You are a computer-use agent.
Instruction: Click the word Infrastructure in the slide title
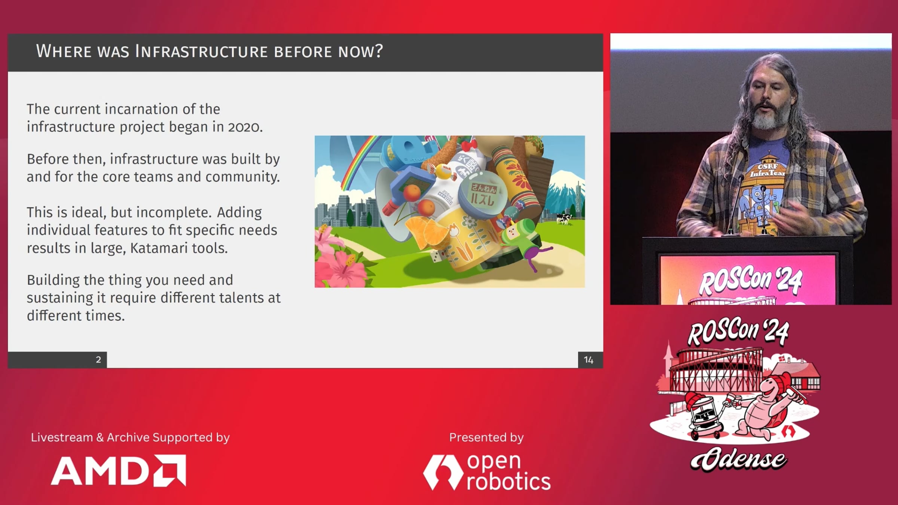(x=201, y=51)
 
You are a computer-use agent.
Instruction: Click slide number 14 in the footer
(x=589, y=360)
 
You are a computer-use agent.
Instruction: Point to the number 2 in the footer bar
(x=98, y=359)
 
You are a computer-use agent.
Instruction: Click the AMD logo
(x=119, y=471)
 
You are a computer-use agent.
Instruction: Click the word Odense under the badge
(x=739, y=459)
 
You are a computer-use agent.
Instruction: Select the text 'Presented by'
(x=486, y=438)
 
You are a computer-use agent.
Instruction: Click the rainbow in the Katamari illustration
(x=357, y=161)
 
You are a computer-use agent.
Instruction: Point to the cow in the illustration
(x=564, y=218)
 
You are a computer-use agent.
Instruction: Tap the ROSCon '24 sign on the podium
(x=750, y=282)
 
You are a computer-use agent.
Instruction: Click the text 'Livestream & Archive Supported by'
(x=130, y=438)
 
